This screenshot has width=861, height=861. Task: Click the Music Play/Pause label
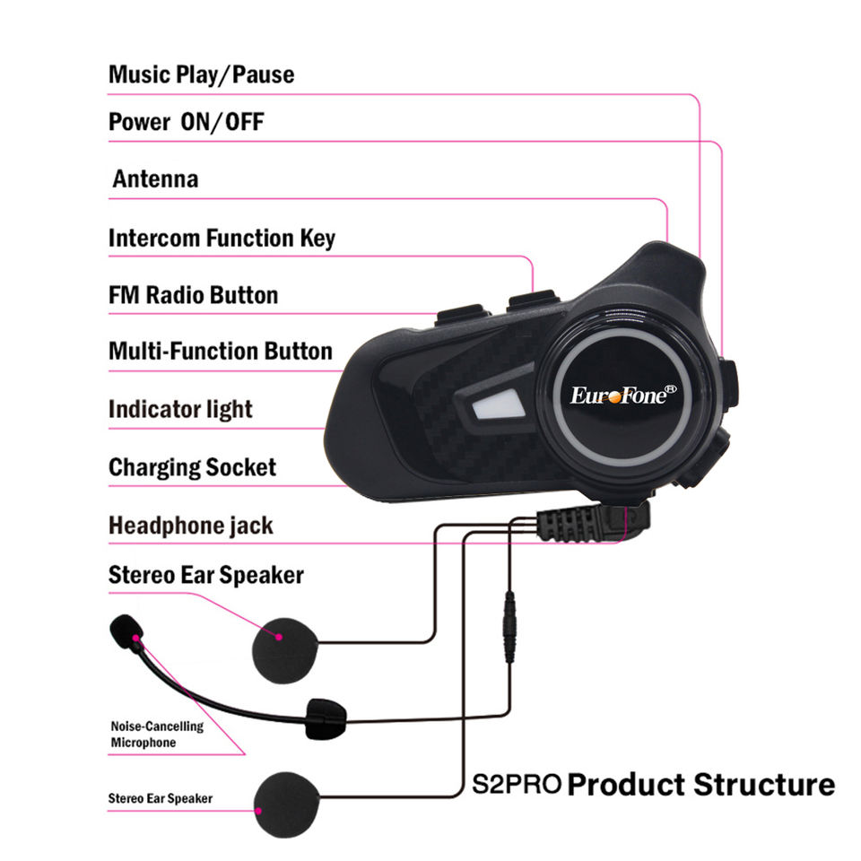201,74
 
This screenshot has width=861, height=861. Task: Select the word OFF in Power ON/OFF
244,122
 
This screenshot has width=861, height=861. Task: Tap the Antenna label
155,178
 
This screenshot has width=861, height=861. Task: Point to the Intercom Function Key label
222,238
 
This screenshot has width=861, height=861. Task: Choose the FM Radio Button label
193,295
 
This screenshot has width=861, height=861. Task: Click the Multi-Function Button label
220,351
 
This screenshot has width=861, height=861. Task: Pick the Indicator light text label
180,409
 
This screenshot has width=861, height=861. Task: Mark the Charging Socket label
192,467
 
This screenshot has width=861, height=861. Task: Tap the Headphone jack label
190,525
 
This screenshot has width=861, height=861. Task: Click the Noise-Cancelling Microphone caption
157,735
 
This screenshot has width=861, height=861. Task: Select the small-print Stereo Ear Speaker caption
161,797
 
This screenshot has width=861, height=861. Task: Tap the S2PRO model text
517,785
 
